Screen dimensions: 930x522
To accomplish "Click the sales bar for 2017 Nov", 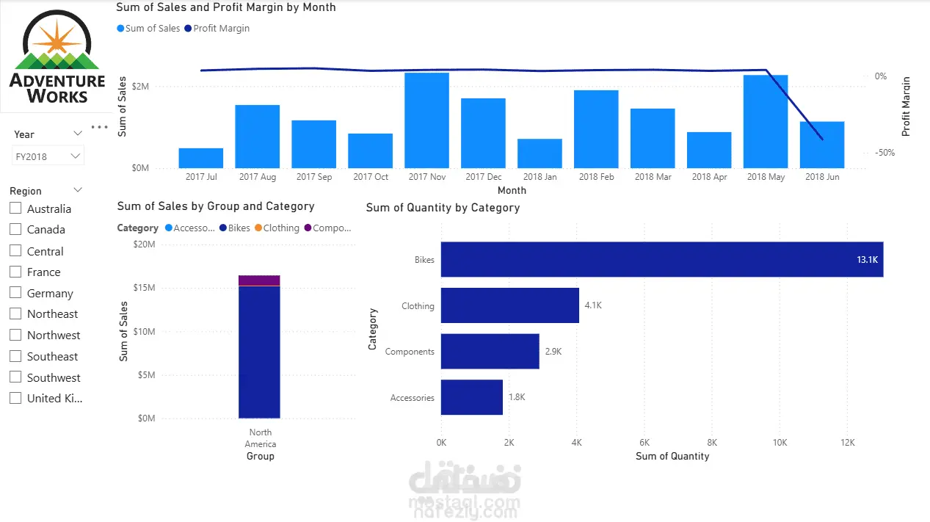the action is click(426, 120).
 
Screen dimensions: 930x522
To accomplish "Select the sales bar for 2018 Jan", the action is click(540, 153).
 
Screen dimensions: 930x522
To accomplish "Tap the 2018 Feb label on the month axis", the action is click(596, 177).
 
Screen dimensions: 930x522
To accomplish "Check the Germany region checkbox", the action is click(15, 292).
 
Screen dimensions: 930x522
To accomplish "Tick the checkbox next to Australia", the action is click(15, 208).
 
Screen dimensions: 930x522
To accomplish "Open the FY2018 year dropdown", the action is click(48, 156).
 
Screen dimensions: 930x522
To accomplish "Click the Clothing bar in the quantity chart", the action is click(510, 305).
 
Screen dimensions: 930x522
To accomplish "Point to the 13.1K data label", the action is click(868, 260).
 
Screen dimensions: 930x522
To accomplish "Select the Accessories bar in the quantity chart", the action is click(472, 397).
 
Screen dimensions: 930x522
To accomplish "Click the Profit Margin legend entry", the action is click(217, 28).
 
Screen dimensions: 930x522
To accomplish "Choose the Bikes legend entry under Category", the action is click(235, 228).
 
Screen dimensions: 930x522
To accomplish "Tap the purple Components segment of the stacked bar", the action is click(259, 280).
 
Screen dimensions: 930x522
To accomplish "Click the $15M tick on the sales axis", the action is click(144, 287).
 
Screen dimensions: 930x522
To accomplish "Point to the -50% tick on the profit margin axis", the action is click(884, 153).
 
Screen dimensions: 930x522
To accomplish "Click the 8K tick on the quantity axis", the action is click(712, 443).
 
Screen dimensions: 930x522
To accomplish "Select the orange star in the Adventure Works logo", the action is click(57, 41).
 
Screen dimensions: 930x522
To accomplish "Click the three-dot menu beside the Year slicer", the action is click(100, 127).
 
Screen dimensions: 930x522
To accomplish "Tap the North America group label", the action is click(261, 438).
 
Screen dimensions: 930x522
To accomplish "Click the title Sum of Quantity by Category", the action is click(443, 208).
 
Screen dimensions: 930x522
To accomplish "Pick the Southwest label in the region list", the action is click(54, 378).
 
